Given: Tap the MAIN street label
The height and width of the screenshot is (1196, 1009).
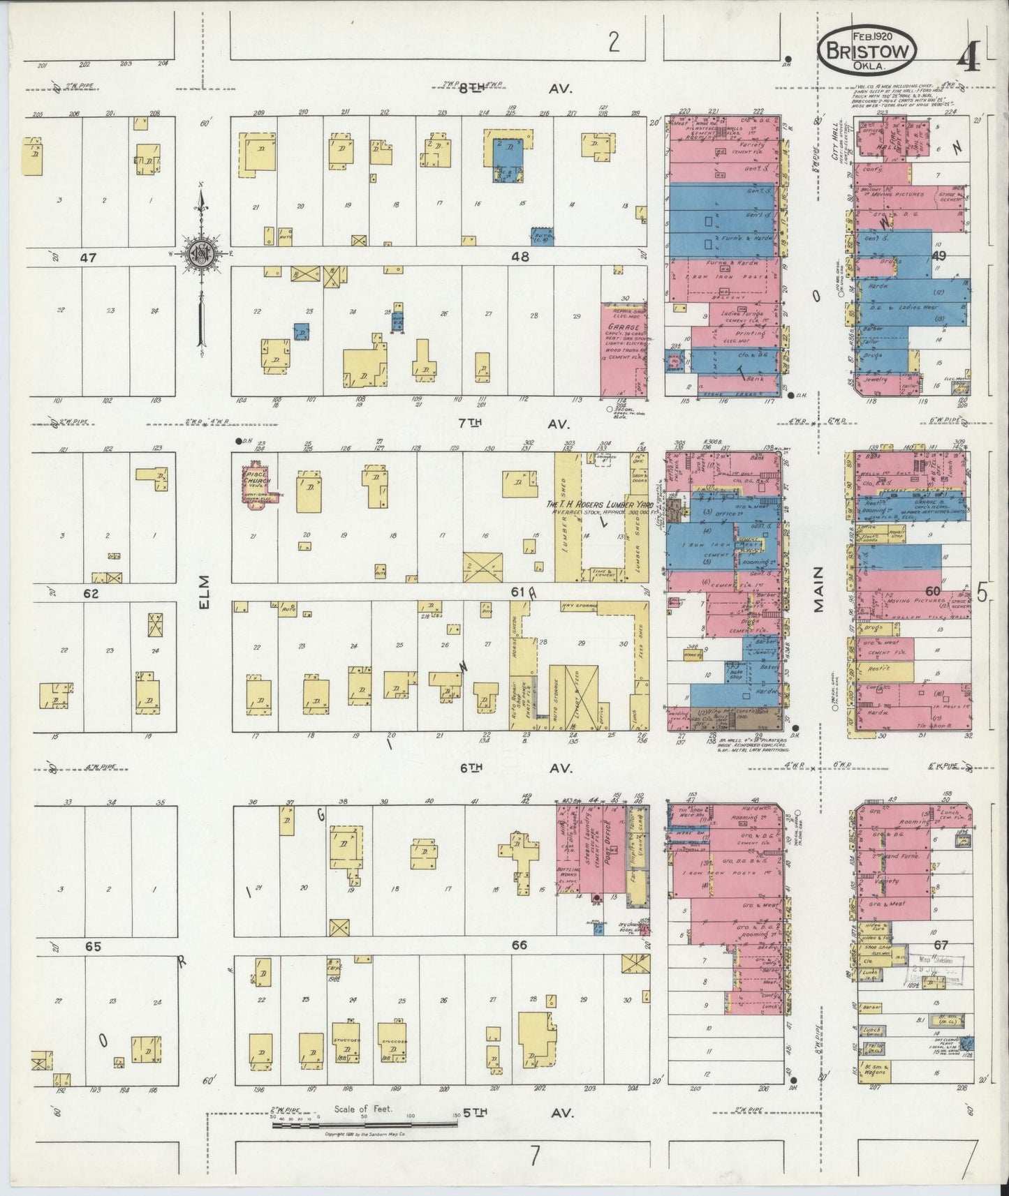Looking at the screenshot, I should (x=818, y=589).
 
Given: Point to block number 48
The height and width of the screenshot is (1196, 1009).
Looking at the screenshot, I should (x=520, y=257).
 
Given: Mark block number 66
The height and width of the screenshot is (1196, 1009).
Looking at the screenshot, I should (x=520, y=945).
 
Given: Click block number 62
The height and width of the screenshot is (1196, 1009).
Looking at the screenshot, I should (x=91, y=595).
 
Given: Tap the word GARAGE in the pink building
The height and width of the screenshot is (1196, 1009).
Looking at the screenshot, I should (x=624, y=327).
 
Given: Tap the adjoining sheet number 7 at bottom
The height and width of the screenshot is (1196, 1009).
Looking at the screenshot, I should (x=534, y=1157).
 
